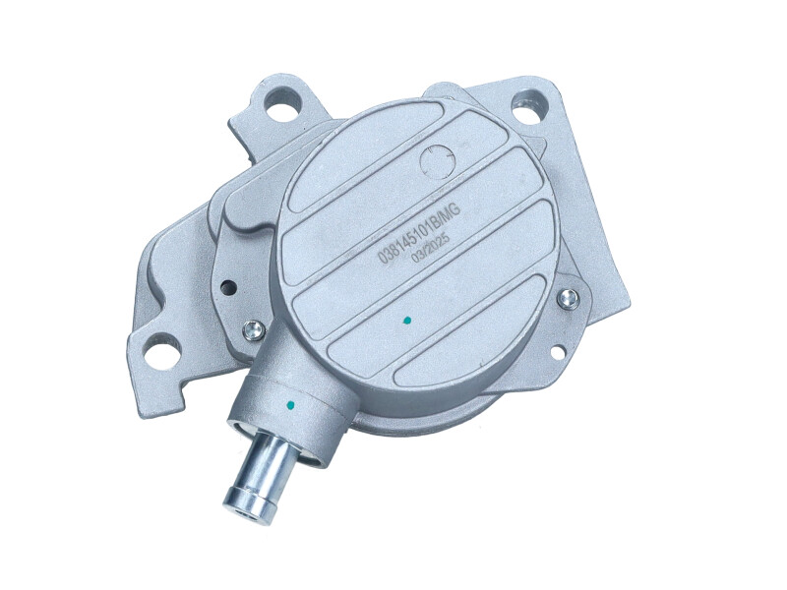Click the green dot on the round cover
(x=407, y=320)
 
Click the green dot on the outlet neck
(x=289, y=403)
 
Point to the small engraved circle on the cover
(x=436, y=161)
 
